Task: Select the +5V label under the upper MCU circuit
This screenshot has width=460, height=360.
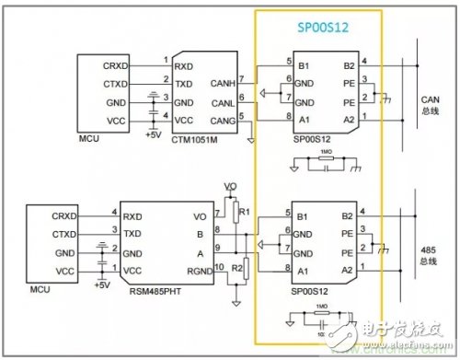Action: tap(153, 135)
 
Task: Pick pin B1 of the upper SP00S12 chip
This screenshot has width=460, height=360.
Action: tap(302, 65)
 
